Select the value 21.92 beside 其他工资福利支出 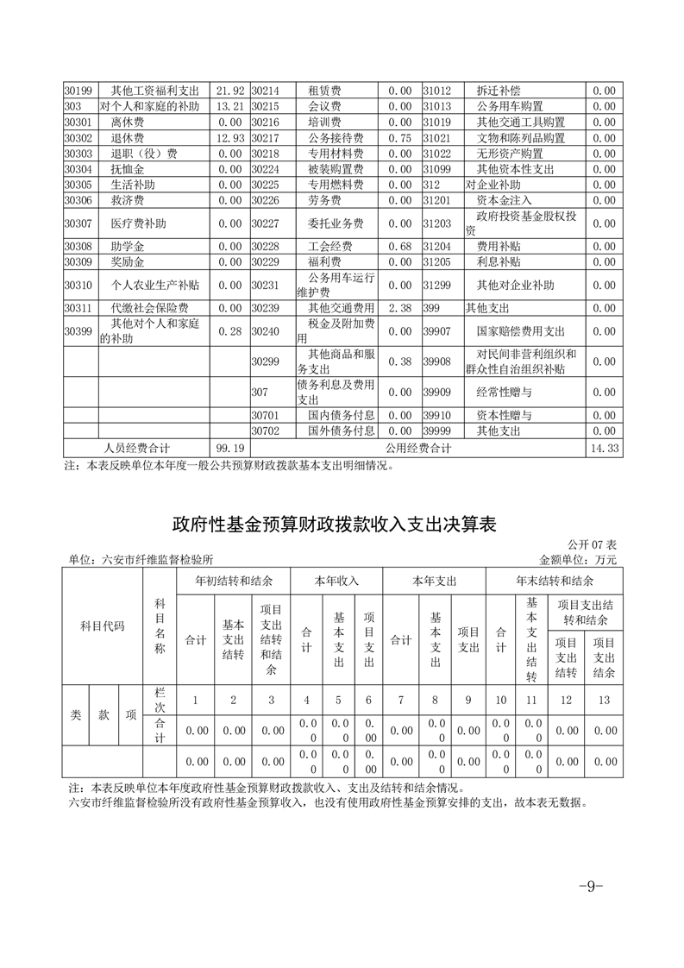pos(231,91)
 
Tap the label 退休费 pos(127,138)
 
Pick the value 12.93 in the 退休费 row pos(231,138)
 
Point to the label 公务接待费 pos(335,138)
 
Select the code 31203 pos(437,223)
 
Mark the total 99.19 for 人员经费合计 pos(231,449)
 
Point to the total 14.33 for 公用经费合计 pos(605,449)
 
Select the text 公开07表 pos(593,545)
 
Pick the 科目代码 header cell pos(103,625)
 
